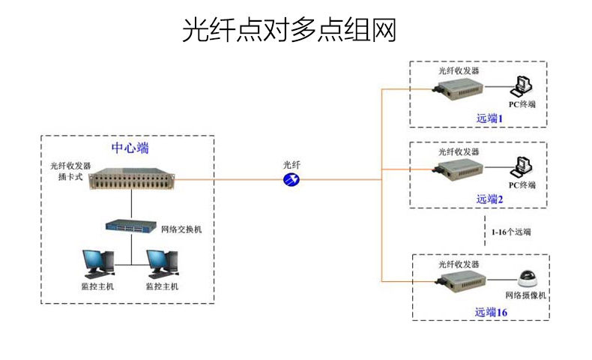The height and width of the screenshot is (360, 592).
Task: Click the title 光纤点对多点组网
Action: tap(289, 29)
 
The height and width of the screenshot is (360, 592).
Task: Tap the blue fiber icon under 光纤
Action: tap(292, 179)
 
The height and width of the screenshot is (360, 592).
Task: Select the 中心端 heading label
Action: tap(130, 147)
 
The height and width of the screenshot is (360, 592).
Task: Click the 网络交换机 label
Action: tap(181, 229)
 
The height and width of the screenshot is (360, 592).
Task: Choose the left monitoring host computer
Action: tap(98, 262)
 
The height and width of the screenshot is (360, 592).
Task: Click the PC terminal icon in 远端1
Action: tap(522, 85)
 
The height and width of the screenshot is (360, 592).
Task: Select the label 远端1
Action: tap(491, 118)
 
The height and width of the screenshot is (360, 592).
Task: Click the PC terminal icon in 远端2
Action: tap(522, 166)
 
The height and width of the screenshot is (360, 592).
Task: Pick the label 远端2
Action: tap(491, 199)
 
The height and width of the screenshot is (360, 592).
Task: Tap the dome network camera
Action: tap(529, 277)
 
